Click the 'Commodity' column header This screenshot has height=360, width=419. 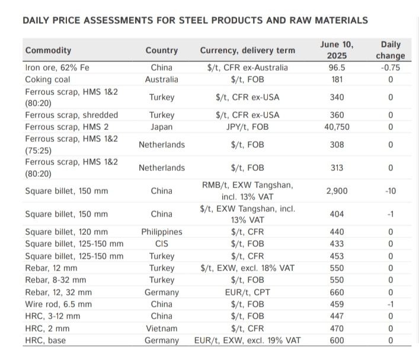click(x=48, y=50)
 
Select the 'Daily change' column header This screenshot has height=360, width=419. click(x=391, y=50)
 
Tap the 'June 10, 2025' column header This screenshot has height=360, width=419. click(x=336, y=50)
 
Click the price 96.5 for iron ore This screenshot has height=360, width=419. click(x=337, y=68)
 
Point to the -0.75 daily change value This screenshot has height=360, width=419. click(x=391, y=68)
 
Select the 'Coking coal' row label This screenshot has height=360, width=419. click(x=47, y=79)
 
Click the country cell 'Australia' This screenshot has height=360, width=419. click(x=161, y=79)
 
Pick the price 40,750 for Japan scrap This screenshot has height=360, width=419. click(x=337, y=127)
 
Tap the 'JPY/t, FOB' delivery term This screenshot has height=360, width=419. click(x=248, y=127)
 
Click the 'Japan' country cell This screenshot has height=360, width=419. click(x=161, y=127)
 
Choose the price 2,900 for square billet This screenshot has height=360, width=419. click(x=337, y=191)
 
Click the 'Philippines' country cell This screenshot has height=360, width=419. click(x=161, y=232)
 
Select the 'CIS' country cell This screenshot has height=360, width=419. click(x=161, y=244)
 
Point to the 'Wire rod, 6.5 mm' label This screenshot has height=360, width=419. click(x=58, y=304)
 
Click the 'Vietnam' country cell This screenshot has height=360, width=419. click(x=161, y=328)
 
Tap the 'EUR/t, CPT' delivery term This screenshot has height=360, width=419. click(x=248, y=292)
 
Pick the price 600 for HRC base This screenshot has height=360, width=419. click(x=337, y=340)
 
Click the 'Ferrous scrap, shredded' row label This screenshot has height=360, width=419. click(x=71, y=115)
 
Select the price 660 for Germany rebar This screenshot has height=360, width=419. click(x=337, y=292)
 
